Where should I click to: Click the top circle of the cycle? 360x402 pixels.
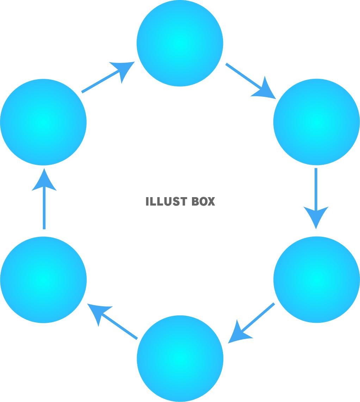[x=180, y=43]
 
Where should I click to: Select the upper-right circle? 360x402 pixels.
[x=316, y=122]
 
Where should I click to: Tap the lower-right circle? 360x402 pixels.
[x=316, y=280]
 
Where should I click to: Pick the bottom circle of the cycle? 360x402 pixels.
[x=180, y=358]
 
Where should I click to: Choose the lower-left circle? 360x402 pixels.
[x=43, y=280]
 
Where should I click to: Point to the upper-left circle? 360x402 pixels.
[x=43, y=122]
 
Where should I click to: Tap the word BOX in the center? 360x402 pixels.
[x=203, y=201]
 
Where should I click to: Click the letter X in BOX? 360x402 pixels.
[x=211, y=201]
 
